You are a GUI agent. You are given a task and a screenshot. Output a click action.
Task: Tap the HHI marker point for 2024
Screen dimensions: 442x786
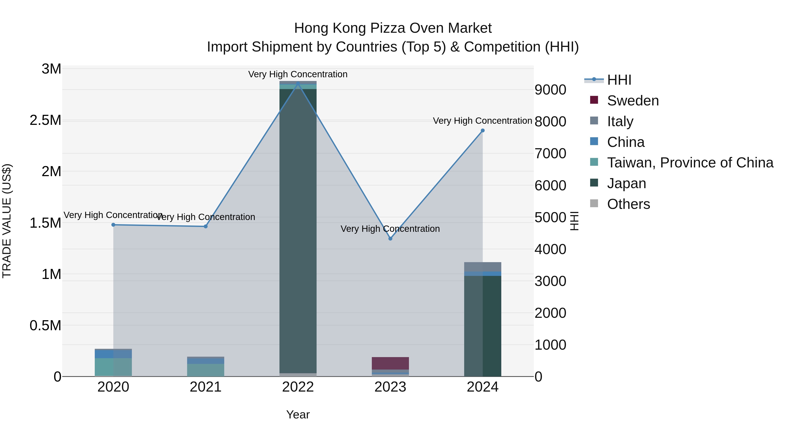[482, 131]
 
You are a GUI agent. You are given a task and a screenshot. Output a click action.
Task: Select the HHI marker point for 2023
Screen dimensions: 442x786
[390, 239]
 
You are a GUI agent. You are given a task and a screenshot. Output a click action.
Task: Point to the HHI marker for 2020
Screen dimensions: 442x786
[113, 225]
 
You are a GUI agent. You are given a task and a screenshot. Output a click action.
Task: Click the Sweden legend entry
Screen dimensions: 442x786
[633, 101]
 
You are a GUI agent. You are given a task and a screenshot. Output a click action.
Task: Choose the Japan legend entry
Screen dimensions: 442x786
[626, 183]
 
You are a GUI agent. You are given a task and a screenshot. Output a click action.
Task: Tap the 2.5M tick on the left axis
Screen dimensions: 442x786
[45, 120]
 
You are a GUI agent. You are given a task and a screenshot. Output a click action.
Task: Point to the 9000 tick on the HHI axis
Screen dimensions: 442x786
[550, 90]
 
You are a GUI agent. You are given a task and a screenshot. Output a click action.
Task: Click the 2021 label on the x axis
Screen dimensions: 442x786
[205, 387]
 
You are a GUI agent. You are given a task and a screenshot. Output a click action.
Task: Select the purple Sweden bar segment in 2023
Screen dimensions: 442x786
[390, 363]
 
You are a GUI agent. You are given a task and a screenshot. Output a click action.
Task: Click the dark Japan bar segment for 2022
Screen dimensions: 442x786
[298, 229]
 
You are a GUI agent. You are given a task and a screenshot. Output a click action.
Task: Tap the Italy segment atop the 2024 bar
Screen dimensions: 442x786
[482, 267]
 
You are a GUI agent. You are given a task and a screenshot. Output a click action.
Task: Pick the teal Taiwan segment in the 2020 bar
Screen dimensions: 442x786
[113, 367]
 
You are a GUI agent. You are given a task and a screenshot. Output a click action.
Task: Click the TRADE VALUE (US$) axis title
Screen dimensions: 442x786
[7, 221]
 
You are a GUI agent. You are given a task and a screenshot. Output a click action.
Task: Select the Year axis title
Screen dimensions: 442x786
[298, 414]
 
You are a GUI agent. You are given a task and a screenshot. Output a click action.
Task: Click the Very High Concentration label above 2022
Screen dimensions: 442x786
[298, 74]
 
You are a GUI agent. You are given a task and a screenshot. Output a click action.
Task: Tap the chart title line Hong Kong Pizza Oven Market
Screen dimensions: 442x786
[393, 28]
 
